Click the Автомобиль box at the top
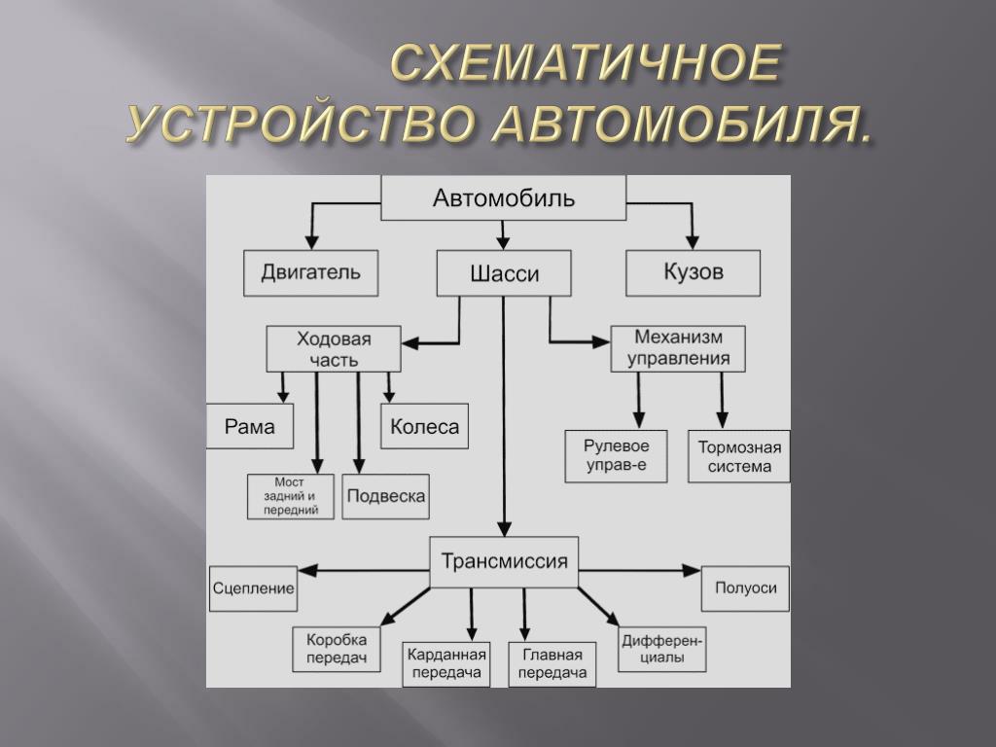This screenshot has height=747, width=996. coord(503,199)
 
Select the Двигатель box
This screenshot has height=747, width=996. coord(310,272)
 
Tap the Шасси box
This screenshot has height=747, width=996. coord(503,273)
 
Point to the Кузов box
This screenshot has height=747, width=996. coord(693,272)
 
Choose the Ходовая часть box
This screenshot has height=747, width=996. coord(334,349)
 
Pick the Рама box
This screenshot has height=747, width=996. coord(250,426)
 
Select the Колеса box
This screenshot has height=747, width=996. coord(424,426)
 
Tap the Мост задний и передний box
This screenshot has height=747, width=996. coord(290,497)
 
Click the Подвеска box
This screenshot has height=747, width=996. coord(385,497)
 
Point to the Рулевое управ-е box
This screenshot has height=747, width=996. coord(616,456)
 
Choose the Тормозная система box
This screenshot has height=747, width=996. coord(739,456)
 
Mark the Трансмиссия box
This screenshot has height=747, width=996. coord(504,562)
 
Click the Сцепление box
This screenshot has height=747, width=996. coord(253,588)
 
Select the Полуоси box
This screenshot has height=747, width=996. coord(745,588)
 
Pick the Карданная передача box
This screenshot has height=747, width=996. coord(445,663)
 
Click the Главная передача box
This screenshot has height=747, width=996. coord(551,663)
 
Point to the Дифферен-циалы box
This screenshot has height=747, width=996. coord(662,650)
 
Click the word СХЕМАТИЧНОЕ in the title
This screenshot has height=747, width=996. coord(586,65)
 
